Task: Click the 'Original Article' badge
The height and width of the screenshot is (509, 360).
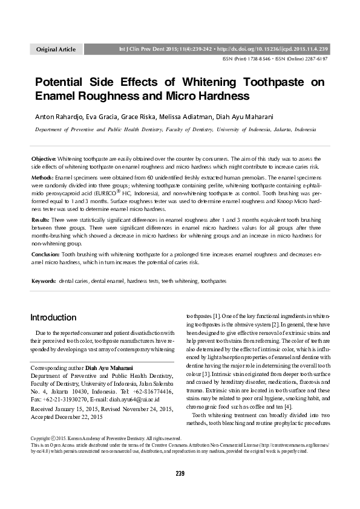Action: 56,48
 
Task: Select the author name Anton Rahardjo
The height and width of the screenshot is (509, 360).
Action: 56,115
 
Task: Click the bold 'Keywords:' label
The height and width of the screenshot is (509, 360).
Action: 44,282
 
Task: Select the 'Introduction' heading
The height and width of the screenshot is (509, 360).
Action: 53,317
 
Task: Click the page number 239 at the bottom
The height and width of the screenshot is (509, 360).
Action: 180,473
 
